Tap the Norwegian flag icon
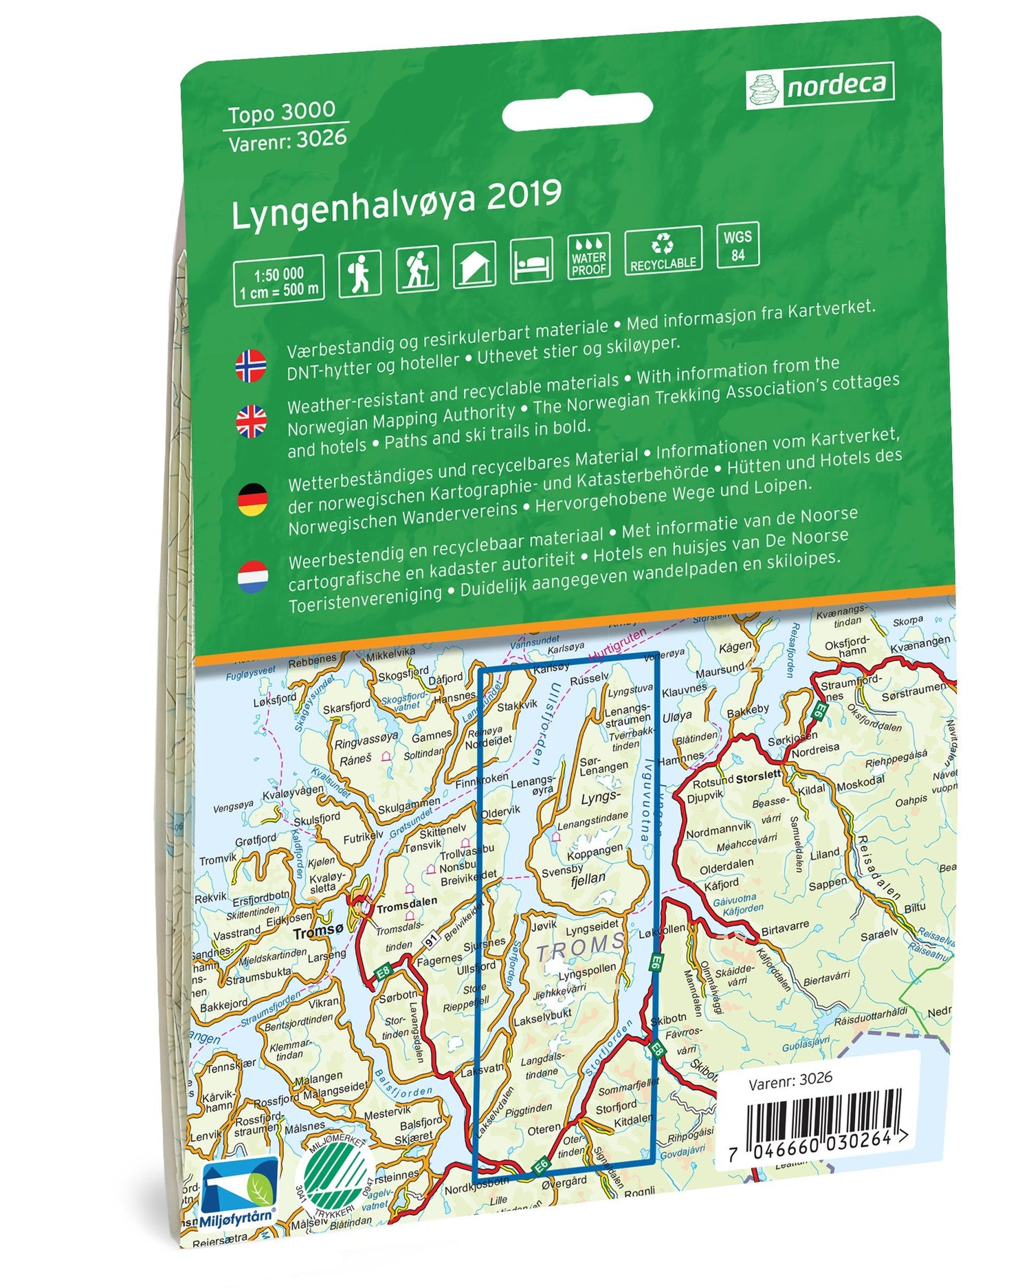251,365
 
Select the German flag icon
252,499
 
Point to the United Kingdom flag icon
252,421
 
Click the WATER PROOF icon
588,256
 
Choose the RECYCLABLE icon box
663,250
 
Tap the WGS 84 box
738,245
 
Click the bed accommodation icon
531,261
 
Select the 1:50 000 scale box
278,281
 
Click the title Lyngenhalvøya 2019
397,204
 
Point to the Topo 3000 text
282,112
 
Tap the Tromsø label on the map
318,932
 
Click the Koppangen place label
595,853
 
